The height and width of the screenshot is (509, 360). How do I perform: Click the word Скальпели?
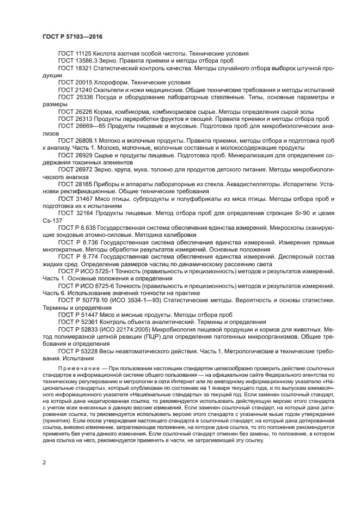pos(111,89)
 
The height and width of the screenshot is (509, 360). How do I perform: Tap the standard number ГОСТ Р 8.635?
pos(80,228)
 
